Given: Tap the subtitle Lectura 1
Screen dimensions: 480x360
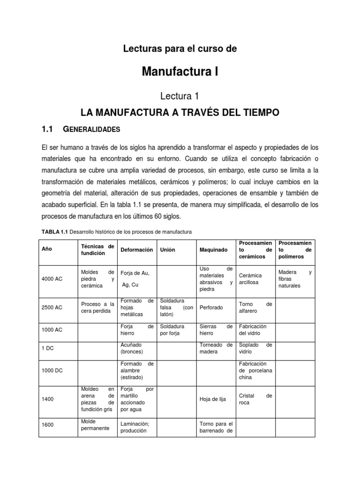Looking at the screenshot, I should click(x=180, y=96).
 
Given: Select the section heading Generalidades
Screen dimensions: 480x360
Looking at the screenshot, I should click(x=92, y=129).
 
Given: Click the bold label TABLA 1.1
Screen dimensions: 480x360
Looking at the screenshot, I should click(x=55, y=232).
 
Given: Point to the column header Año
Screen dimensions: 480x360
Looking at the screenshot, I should click(x=47, y=250).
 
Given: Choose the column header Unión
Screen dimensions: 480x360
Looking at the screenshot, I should click(x=167, y=250).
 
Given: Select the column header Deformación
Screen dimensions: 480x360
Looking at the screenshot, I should click(x=137, y=250).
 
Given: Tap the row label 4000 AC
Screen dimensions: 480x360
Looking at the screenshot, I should click(x=52, y=279).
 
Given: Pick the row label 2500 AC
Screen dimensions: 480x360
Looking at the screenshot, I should click(x=52, y=307).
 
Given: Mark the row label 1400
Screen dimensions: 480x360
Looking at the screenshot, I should click(x=47, y=399).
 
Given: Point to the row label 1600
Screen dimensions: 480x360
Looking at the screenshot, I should click(x=47, y=425).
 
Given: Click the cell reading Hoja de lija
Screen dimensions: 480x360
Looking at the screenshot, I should click(x=212, y=399).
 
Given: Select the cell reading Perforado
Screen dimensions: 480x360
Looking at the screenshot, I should click(x=211, y=307).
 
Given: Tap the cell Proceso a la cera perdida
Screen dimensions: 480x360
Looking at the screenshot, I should click(x=97, y=307).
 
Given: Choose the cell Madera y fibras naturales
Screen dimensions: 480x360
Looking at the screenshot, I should click(x=295, y=279).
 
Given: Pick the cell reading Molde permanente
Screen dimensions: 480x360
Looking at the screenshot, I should click(x=95, y=425).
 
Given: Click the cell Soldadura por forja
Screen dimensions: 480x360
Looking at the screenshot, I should click(x=172, y=330).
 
